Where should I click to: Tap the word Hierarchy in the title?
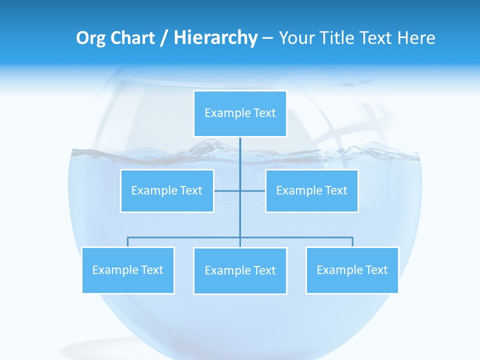pos(215,38)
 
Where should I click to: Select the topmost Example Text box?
pos(240,113)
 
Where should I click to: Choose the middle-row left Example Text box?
pos(167,190)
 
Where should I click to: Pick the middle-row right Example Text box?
pos(311,190)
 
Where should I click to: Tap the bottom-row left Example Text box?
pos(128,270)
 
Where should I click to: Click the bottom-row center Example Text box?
pos(240,270)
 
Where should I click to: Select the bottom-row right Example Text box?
pos(352,270)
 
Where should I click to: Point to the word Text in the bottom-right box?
pos(376,270)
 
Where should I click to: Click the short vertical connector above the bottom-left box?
pos(128,242)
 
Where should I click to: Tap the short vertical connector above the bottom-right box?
pos(352,242)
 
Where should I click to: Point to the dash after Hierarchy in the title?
pos(267,38)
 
